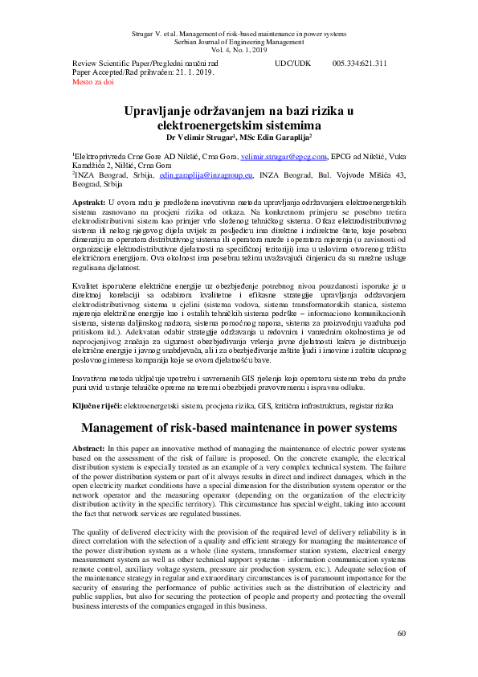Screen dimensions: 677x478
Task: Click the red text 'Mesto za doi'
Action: [93, 82]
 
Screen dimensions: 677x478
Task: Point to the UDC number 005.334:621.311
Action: [360, 63]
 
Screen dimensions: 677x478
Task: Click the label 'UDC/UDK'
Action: [292, 63]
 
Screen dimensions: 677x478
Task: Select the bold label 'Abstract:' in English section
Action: [88, 447]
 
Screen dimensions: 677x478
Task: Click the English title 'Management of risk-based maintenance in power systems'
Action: [239, 428]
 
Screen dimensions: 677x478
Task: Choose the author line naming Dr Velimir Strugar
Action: [239, 137]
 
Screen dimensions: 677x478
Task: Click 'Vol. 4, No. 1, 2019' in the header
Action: [239, 50]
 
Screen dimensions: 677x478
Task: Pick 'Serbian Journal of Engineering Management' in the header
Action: [239, 41]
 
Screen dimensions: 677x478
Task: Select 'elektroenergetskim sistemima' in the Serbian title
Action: [239, 126]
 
